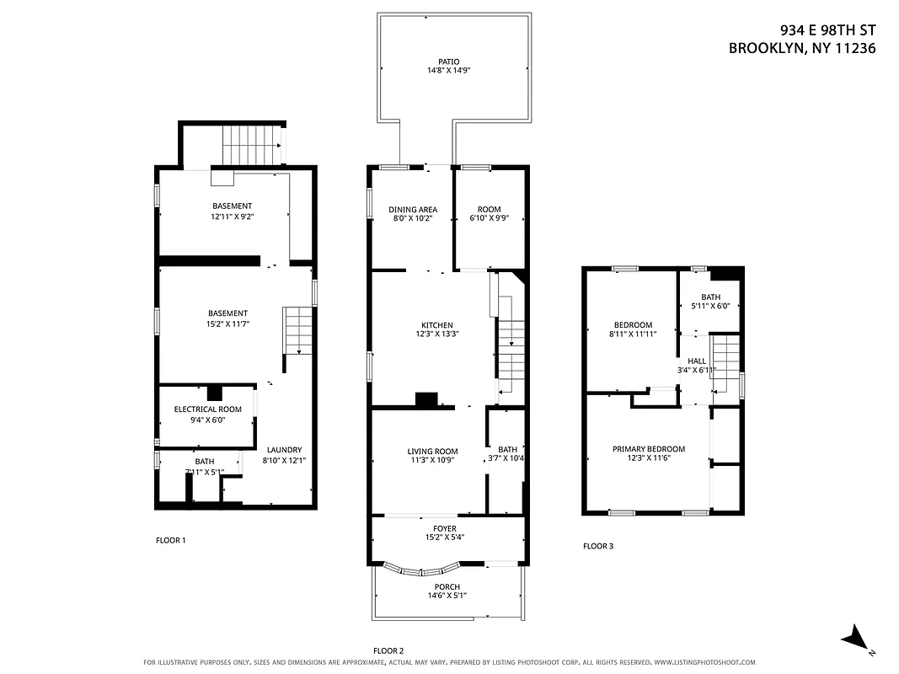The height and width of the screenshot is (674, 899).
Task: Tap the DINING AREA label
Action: tap(412, 210)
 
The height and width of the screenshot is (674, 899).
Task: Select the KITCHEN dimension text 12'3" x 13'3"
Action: tap(437, 335)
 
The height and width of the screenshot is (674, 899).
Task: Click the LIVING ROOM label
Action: tap(432, 452)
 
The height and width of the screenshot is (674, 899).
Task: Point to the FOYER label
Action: tap(445, 529)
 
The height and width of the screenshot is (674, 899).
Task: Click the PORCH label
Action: tap(447, 587)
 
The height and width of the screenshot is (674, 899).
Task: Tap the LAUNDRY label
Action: tap(284, 450)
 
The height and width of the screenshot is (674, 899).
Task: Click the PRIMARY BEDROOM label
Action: tap(648, 449)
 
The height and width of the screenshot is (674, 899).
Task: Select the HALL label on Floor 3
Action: tap(696, 361)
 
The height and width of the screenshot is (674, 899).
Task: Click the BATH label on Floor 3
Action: tap(710, 297)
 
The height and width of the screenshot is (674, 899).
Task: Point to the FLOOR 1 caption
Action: tap(171, 540)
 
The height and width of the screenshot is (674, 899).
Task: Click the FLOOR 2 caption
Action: tap(388, 650)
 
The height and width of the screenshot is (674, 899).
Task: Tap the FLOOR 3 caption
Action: tap(598, 546)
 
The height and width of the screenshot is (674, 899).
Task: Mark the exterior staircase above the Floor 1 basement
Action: tap(252, 145)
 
